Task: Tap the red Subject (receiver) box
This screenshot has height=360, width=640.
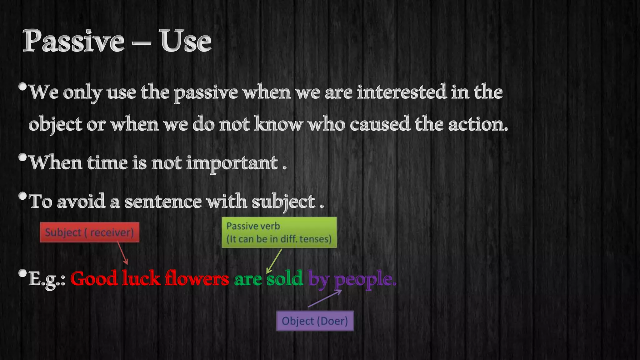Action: (x=89, y=232)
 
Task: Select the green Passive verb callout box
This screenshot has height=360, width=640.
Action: (x=279, y=232)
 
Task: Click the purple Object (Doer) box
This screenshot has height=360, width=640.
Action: (x=315, y=321)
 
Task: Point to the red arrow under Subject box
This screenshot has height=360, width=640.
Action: (x=122, y=253)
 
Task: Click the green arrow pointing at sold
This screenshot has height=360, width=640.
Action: (x=274, y=261)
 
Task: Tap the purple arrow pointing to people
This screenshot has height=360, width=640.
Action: (x=325, y=298)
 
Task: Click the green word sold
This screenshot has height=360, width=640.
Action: (x=285, y=278)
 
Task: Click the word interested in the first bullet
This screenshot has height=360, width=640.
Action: (x=402, y=92)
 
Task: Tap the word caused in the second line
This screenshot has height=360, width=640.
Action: (x=379, y=124)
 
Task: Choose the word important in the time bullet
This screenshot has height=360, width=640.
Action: (x=232, y=163)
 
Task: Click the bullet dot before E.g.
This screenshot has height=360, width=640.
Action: (x=22, y=273)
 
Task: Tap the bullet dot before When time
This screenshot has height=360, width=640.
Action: (x=22, y=157)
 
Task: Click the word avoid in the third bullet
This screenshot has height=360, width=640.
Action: (x=81, y=202)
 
